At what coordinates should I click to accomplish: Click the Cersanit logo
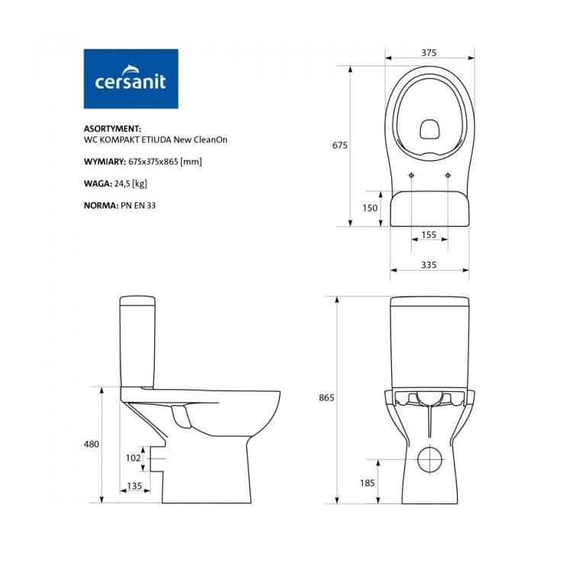pyautogui.click(x=130, y=79)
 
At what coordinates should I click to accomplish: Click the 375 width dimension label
pyautogui.click(x=428, y=53)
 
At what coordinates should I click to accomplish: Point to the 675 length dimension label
pyautogui.click(x=339, y=146)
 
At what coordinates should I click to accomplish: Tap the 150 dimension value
pyautogui.click(x=371, y=208)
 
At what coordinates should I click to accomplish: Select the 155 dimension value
pyautogui.click(x=429, y=235)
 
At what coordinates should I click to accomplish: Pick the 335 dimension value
pyautogui.click(x=428, y=265)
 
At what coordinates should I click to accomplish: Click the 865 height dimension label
pyautogui.click(x=326, y=398)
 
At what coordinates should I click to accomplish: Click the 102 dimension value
pyautogui.click(x=133, y=457)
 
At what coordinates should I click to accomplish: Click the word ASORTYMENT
pyautogui.click(x=111, y=130)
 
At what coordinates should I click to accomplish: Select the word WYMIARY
pyautogui.click(x=104, y=162)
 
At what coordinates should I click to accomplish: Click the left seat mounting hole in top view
pyautogui.click(x=412, y=177)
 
